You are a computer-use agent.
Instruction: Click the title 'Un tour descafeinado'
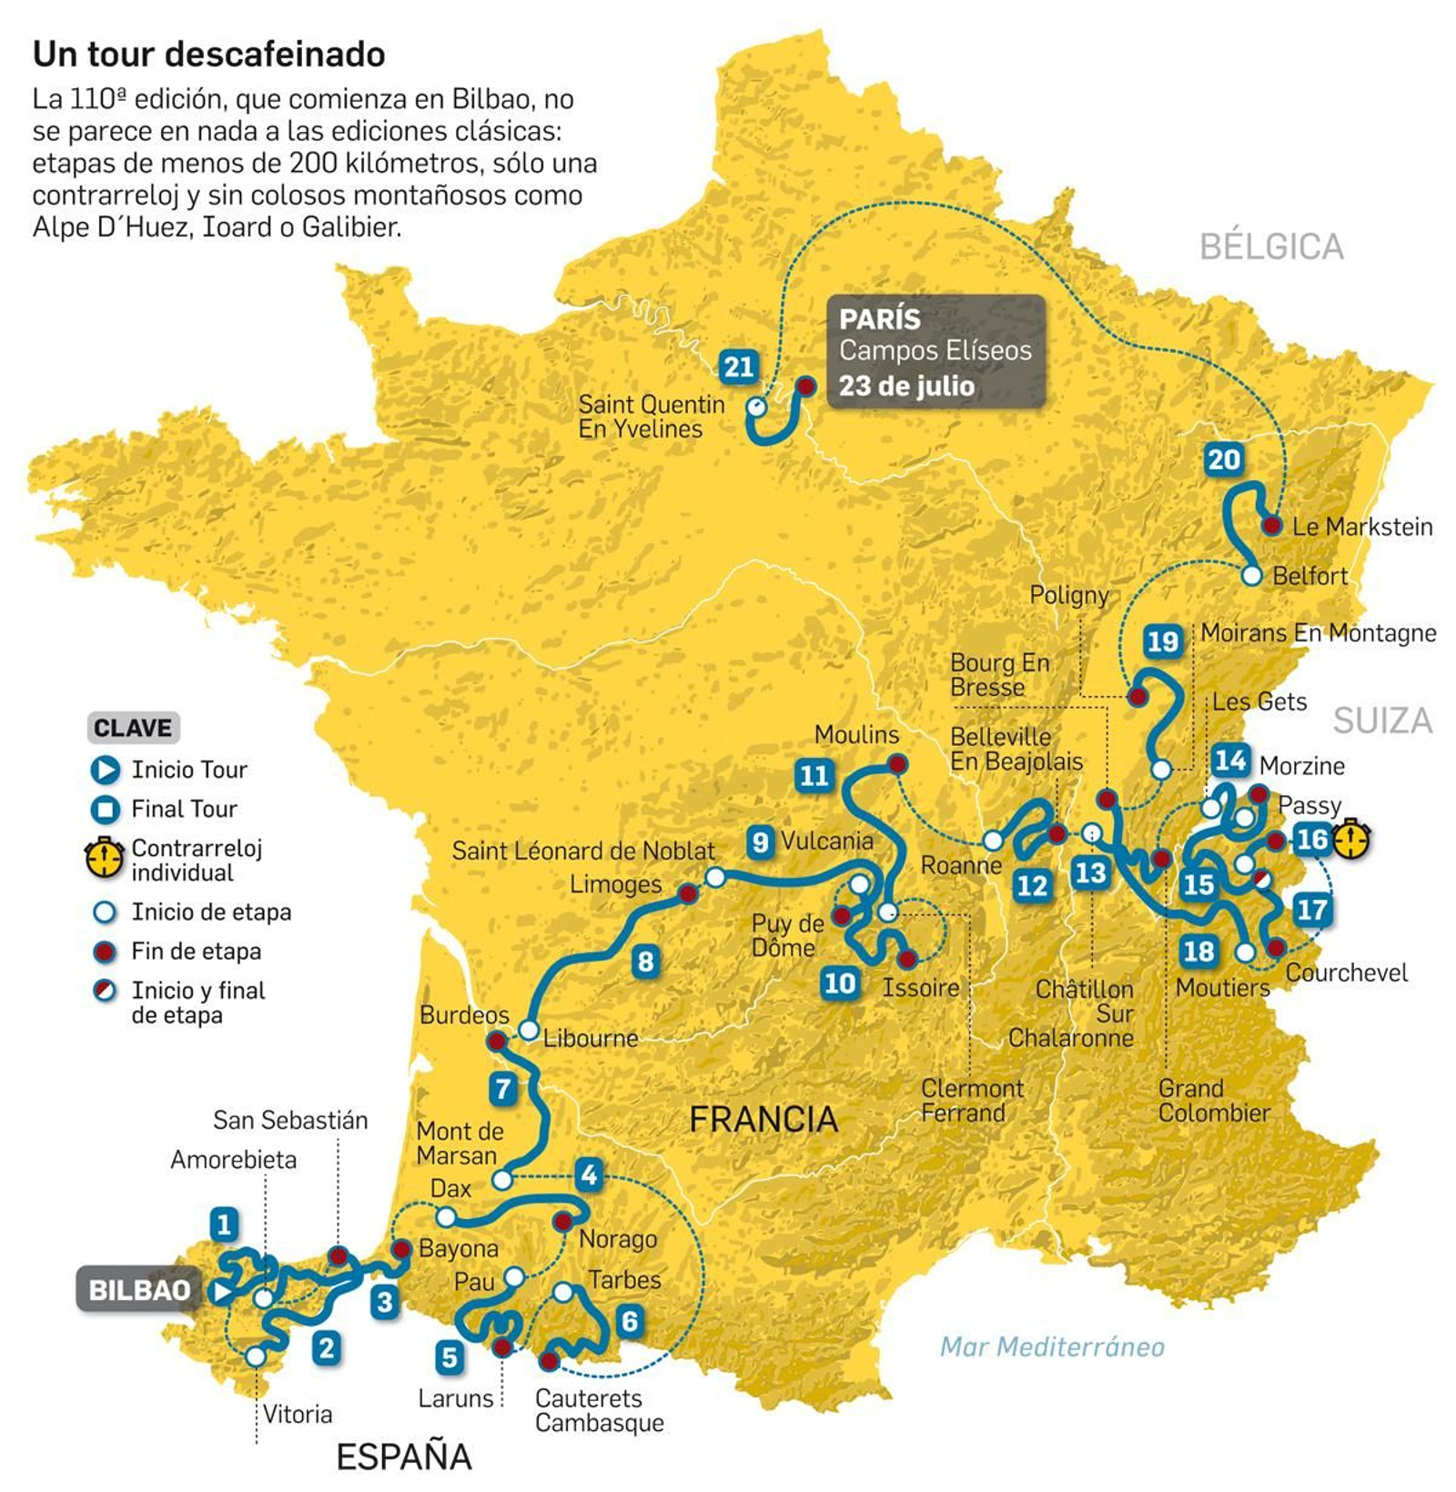pyautogui.click(x=208, y=55)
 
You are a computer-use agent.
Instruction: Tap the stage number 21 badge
pyautogui.click(x=738, y=367)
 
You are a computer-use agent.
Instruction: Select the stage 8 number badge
pyautogui.click(x=645, y=961)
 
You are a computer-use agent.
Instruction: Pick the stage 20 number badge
pyautogui.click(x=1223, y=459)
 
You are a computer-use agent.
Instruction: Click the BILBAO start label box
pyautogui.click(x=139, y=1289)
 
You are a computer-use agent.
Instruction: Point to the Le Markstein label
pyautogui.click(x=1361, y=527)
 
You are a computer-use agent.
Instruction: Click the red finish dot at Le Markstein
pyautogui.click(x=1271, y=525)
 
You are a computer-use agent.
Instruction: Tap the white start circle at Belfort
pyautogui.click(x=1252, y=576)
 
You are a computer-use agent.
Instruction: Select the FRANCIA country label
pyautogui.click(x=763, y=1119)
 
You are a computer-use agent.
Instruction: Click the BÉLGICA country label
pyautogui.click(x=1270, y=247)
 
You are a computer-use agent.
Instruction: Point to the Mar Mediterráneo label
pyautogui.click(x=1052, y=1346)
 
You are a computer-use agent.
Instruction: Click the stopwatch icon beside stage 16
pyautogui.click(x=1351, y=839)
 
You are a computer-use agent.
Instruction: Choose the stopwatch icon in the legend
pyautogui.click(x=105, y=858)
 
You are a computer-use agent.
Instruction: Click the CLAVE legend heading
pyautogui.click(x=133, y=728)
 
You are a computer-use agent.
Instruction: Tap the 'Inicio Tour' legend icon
pyautogui.click(x=106, y=771)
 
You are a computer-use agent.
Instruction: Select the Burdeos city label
pyautogui.click(x=464, y=1015)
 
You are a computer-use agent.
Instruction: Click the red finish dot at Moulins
pyautogui.click(x=897, y=764)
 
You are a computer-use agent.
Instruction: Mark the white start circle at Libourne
pyautogui.click(x=529, y=1031)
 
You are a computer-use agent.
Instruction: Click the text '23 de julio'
pyautogui.click(x=906, y=386)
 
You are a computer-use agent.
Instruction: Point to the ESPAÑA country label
pyautogui.click(x=404, y=1457)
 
